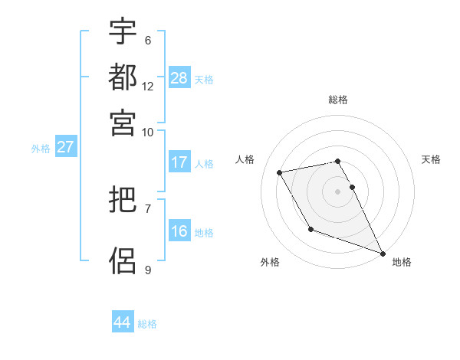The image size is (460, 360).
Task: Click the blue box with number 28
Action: [179, 78]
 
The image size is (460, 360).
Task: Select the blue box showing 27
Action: [64, 147]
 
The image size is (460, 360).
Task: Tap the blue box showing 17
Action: [179, 162]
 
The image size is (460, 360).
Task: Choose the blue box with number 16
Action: [179, 231]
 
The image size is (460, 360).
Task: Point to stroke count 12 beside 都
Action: [148, 86]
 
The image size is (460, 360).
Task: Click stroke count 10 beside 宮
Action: [148, 132]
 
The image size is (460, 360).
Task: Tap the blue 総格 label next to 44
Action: [147, 324]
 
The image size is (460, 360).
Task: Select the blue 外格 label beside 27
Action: [41, 149]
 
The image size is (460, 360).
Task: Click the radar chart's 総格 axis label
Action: [338, 100]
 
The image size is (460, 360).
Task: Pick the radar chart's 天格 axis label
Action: [432, 159]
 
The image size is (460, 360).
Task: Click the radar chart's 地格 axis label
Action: [402, 263]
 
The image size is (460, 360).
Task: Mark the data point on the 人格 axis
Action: [280, 173]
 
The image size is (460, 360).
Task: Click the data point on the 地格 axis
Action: [382, 252]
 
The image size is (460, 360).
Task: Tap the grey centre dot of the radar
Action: [338, 191]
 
